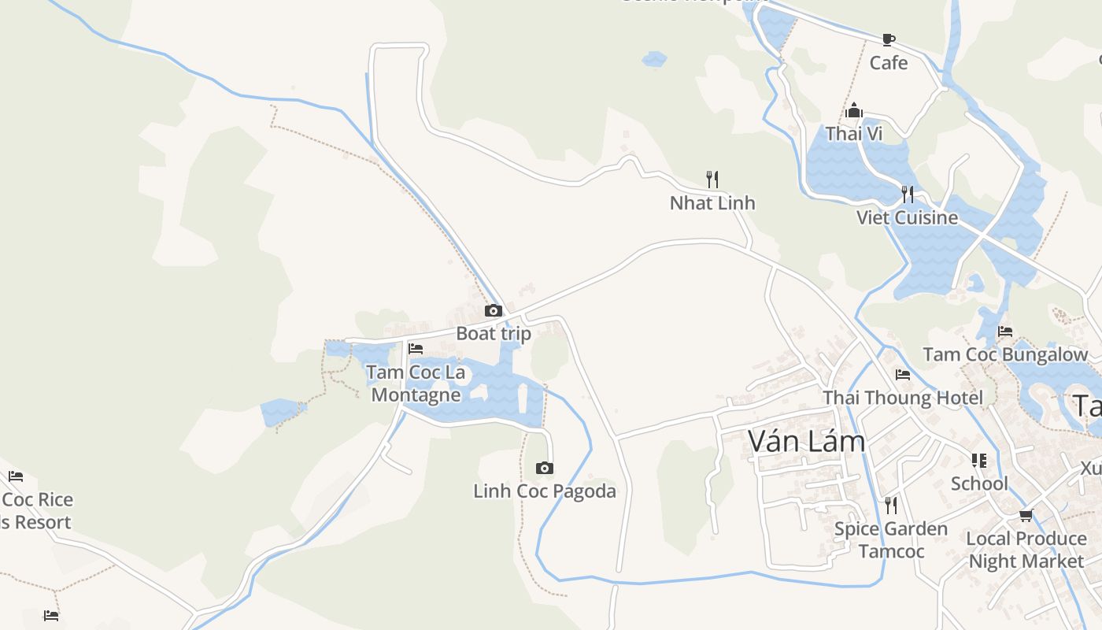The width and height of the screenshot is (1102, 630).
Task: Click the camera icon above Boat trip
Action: [x=494, y=311]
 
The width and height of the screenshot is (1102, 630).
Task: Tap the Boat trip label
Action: [x=494, y=333]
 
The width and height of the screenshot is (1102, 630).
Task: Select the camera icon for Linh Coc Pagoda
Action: [x=544, y=469]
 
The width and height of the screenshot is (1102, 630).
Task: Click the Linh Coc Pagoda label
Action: [x=545, y=491]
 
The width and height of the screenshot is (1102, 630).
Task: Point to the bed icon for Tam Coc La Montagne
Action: [x=416, y=349]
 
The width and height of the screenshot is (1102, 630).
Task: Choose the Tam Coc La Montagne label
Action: [x=416, y=383]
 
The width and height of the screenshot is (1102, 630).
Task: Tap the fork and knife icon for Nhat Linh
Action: [x=712, y=180]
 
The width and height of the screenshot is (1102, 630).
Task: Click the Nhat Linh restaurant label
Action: [x=712, y=203]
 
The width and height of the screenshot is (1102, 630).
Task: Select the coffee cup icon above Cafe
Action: [x=889, y=39]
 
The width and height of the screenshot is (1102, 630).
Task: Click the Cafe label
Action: [x=889, y=63]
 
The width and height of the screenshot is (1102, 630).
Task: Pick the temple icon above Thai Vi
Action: [x=854, y=111]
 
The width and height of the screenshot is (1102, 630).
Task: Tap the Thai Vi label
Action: [x=854, y=134]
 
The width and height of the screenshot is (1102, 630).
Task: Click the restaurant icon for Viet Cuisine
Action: [x=908, y=194]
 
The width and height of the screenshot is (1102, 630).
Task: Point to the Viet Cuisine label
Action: [x=908, y=217]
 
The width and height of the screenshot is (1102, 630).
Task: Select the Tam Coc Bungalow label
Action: [x=1005, y=354]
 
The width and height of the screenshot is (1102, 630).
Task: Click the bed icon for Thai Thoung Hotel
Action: [x=903, y=375]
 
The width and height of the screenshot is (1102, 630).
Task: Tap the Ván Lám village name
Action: [x=807, y=441]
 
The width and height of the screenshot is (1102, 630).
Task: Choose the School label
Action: [x=979, y=484]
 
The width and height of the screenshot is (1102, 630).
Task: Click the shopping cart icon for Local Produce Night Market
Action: [x=1026, y=516]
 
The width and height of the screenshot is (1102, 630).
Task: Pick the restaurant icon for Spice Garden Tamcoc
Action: [x=891, y=505]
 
